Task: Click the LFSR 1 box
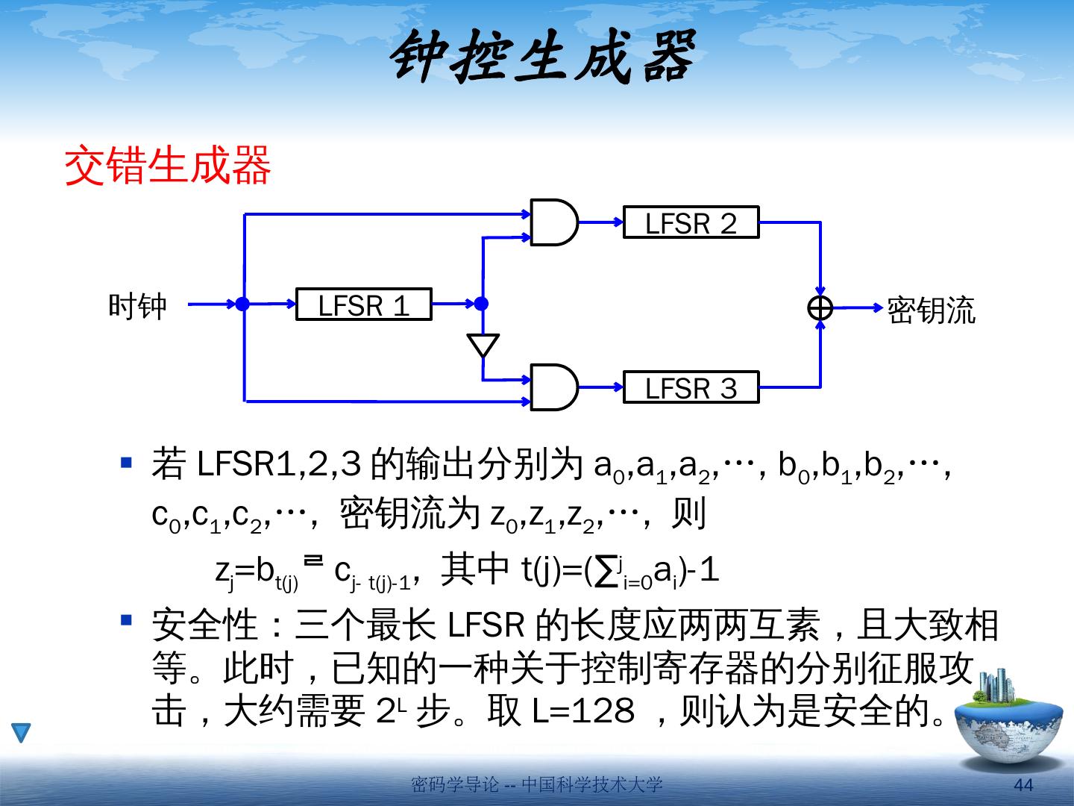tap(363, 304)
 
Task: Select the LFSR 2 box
tap(691, 222)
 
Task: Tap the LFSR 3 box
tap(691, 387)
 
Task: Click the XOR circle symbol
tap(820, 307)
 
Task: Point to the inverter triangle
tap(483, 346)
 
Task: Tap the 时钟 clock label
tap(138, 306)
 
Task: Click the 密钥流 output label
tap(930, 310)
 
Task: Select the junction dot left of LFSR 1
tap(242, 304)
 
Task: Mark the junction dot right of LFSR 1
tap(482, 304)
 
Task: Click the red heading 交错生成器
tap(169, 166)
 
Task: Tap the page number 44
tap(1024, 785)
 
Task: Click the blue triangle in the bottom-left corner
tap(21, 732)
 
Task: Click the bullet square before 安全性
tap(127, 619)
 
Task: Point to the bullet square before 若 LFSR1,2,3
tap(127, 463)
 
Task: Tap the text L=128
tap(582, 710)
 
